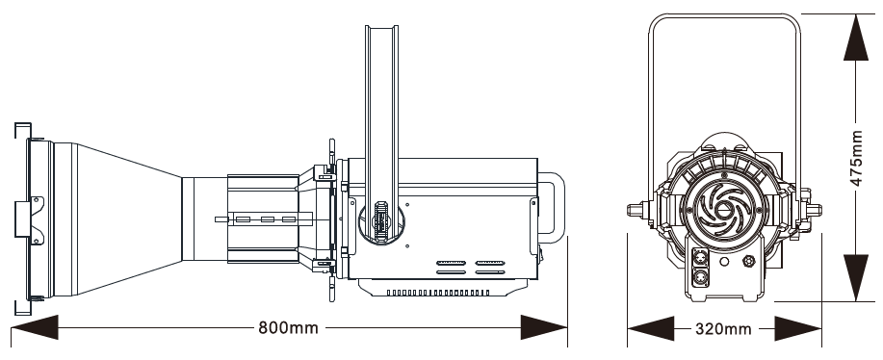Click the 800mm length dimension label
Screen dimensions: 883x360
pyautogui.click(x=288, y=327)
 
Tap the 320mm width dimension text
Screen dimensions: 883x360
pyautogui.click(x=723, y=328)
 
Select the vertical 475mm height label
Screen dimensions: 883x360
pyautogui.click(x=856, y=158)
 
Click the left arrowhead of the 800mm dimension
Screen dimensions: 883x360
pyautogui.click(x=35, y=327)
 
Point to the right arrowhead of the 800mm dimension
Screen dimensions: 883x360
pyautogui.click(x=543, y=327)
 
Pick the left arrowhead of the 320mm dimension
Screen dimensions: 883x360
pyautogui.click(x=650, y=328)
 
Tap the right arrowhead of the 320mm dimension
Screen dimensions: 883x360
pyautogui.click(x=798, y=328)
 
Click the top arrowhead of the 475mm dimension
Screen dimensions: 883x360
pyautogui.click(x=856, y=38)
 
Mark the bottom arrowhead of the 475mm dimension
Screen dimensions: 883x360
pyautogui.click(x=856, y=278)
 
